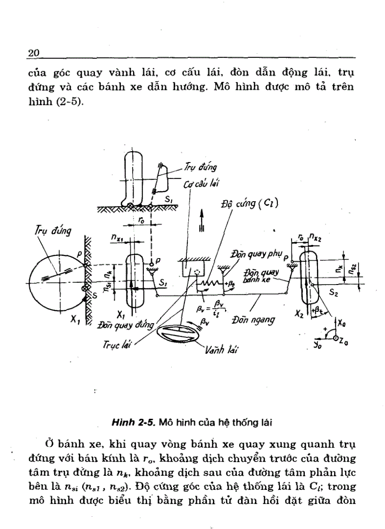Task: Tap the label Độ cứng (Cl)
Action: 250,204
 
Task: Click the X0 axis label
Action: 341,323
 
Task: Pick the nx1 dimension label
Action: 117,239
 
